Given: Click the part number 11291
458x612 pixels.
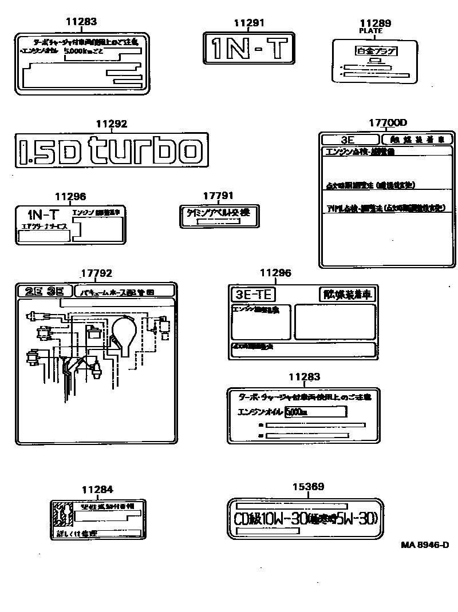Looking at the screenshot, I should (249, 22).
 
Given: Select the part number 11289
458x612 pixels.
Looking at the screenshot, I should (376, 23).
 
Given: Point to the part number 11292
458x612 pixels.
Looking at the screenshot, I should (111, 124).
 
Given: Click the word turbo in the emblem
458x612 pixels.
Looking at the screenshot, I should (149, 150).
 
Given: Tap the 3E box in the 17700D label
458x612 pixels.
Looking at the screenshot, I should (350, 140).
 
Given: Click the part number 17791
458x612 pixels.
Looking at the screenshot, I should (218, 196).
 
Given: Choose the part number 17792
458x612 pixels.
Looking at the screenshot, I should (96, 274).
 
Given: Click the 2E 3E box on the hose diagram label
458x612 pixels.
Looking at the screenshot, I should (45, 291).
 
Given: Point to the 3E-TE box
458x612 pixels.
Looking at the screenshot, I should (252, 295).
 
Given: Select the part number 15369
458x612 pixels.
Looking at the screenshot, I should (309, 487).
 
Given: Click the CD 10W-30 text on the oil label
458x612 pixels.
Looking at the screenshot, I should (305, 519).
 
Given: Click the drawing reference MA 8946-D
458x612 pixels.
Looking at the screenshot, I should (424, 545).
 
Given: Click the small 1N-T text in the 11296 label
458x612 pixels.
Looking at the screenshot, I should (43, 214).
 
